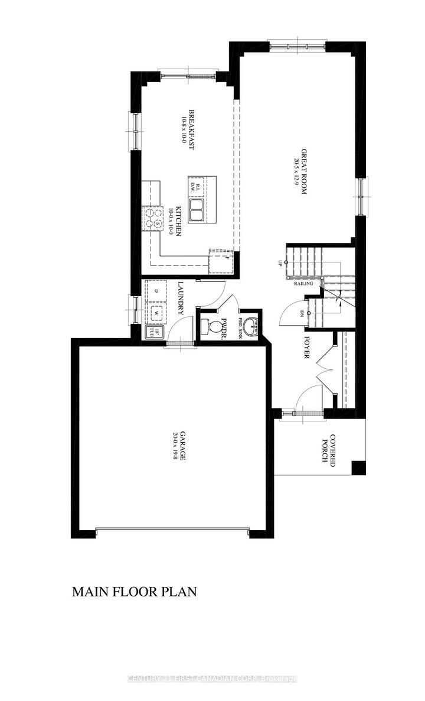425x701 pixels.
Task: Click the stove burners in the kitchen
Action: tap(152, 218)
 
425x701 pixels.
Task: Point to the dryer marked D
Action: tap(156, 291)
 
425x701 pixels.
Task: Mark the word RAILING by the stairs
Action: tap(303, 284)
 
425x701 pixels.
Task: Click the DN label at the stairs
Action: tap(301, 313)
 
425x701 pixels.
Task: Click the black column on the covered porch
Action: tap(358, 467)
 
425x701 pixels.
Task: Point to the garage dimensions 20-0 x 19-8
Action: tap(175, 447)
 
